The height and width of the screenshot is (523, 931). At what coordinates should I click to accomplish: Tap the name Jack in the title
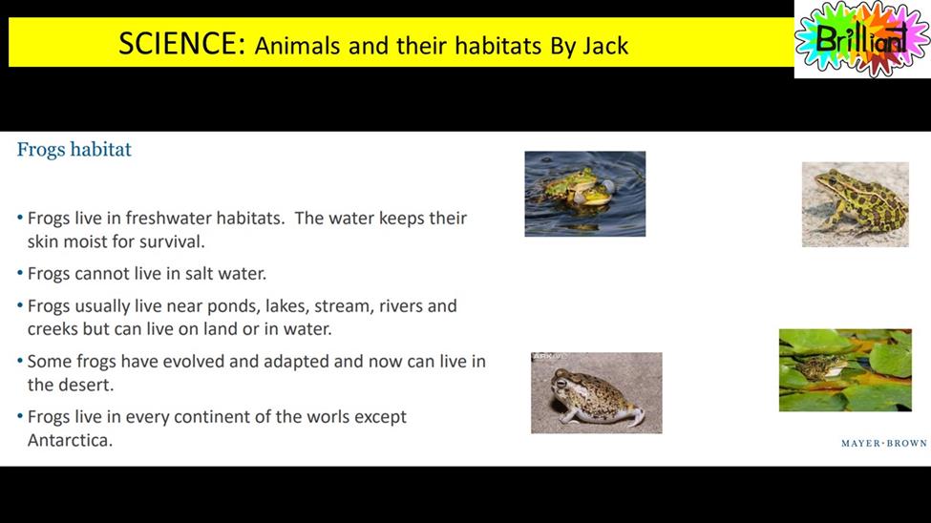[x=605, y=46]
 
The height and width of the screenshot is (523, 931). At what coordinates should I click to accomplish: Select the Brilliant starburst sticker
[x=862, y=39]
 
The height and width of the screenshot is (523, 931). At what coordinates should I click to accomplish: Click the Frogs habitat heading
[x=74, y=149]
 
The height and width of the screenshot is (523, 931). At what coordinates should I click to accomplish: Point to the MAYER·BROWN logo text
[x=884, y=443]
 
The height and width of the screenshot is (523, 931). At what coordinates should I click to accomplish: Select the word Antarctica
[x=70, y=440]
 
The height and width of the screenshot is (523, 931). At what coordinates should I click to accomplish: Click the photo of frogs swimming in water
[x=584, y=194]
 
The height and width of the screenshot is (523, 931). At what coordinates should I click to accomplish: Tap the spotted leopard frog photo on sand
[x=855, y=204]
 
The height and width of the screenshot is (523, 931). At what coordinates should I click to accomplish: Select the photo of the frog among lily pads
[x=845, y=370]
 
